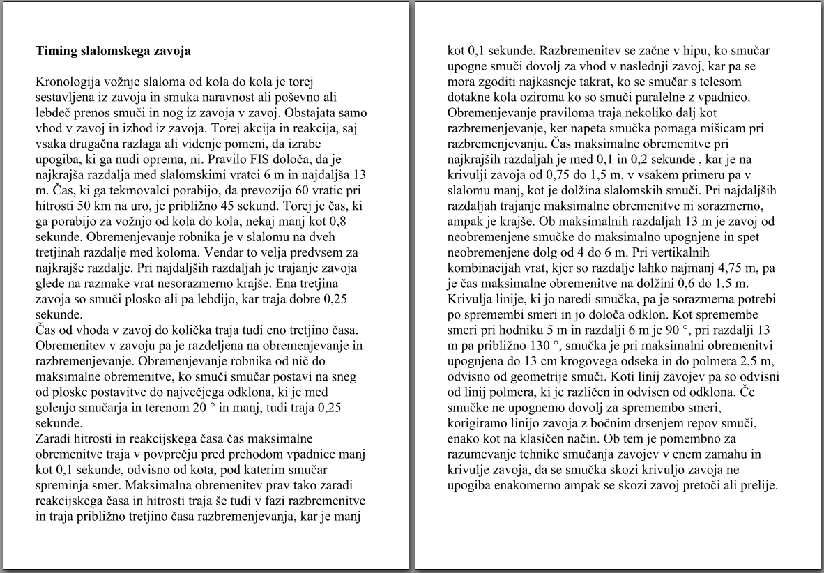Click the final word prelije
756,485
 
